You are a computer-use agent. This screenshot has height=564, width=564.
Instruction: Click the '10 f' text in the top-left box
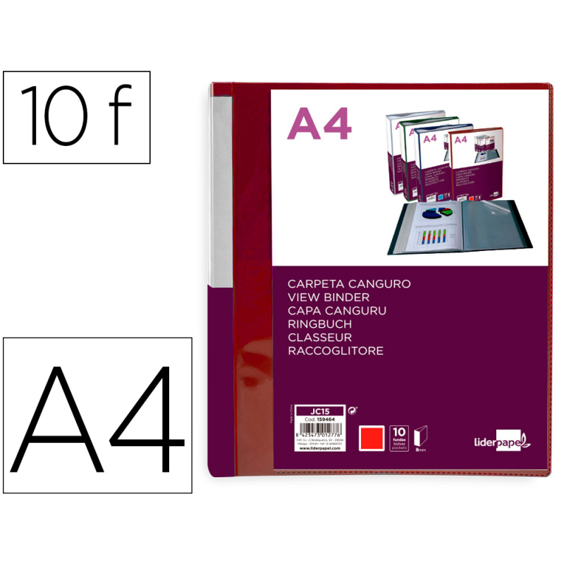(76, 117)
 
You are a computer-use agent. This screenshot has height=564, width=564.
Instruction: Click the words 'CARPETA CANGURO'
(349, 283)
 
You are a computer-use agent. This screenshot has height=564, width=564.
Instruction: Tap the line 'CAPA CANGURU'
(337, 310)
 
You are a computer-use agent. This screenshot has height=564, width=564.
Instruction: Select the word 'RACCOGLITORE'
(336, 350)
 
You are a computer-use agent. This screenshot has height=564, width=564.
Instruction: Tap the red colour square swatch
(372, 437)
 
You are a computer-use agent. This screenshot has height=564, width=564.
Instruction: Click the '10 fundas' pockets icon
(399, 436)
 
